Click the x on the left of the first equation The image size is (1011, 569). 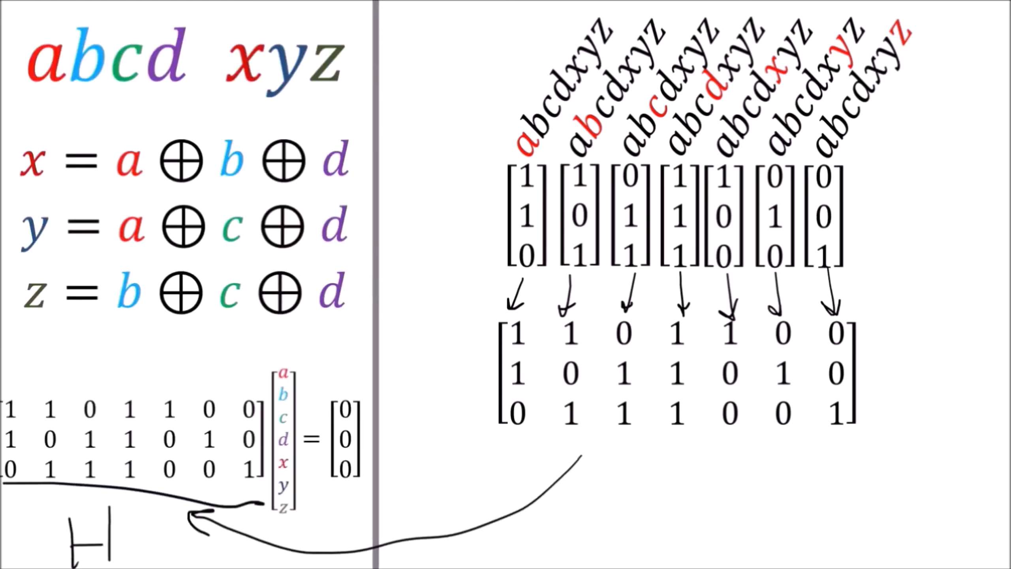click(33, 162)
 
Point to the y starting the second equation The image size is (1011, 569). click(34, 233)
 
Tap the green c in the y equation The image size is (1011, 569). click(232, 228)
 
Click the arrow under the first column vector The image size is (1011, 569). click(516, 295)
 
